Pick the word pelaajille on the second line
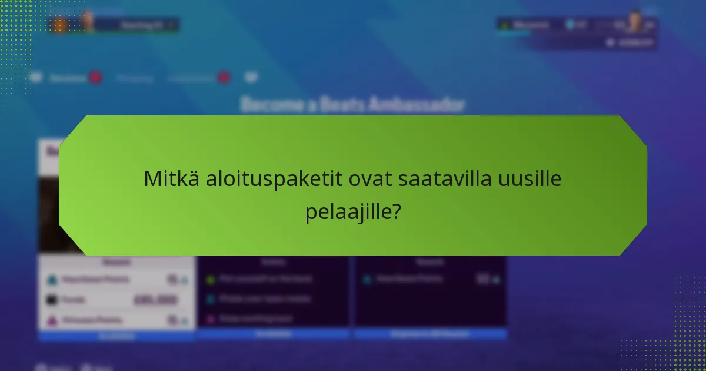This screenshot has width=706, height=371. (347, 211)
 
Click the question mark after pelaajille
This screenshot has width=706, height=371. (396, 211)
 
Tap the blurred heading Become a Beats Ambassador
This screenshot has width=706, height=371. (353, 105)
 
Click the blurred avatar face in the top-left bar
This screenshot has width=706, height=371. (88, 22)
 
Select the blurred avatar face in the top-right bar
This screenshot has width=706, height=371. (634, 22)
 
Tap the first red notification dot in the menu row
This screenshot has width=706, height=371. (95, 78)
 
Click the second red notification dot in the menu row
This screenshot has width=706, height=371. (224, 78)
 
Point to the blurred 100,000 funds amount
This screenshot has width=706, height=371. (156, 300)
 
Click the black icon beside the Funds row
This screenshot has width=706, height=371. (52, 300)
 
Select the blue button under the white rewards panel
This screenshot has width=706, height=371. (116, 336)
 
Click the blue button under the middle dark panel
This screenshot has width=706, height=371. (274, 334)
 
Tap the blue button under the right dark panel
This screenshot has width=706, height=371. (430, 334)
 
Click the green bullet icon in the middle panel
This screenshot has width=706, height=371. (210, 279)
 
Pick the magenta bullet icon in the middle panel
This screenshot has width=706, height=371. (210, 319)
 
